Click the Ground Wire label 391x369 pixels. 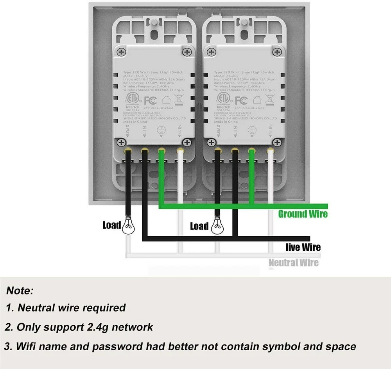point(303,214)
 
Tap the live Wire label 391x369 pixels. point(303,247)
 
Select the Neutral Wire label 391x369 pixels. point(293,263)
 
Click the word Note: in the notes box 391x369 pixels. point(20,291)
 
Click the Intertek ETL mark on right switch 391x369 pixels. point(223,99)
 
